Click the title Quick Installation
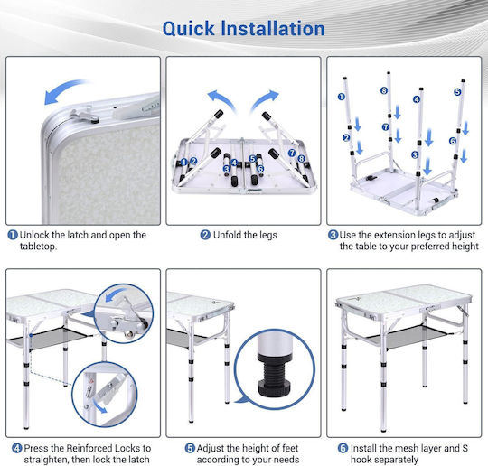243,29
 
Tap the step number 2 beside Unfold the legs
205,235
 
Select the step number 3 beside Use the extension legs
333,235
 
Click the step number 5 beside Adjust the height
190,448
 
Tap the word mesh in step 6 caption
392,448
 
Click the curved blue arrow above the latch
64,90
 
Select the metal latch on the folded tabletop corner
85,115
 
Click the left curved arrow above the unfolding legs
221,99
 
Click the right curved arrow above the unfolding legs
265,99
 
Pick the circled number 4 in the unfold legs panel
235,163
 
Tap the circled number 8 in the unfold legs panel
301,159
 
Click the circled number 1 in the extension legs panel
342,97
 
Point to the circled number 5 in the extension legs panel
457,92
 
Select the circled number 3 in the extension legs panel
415,154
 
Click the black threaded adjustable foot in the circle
274,377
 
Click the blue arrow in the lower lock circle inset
100,407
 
